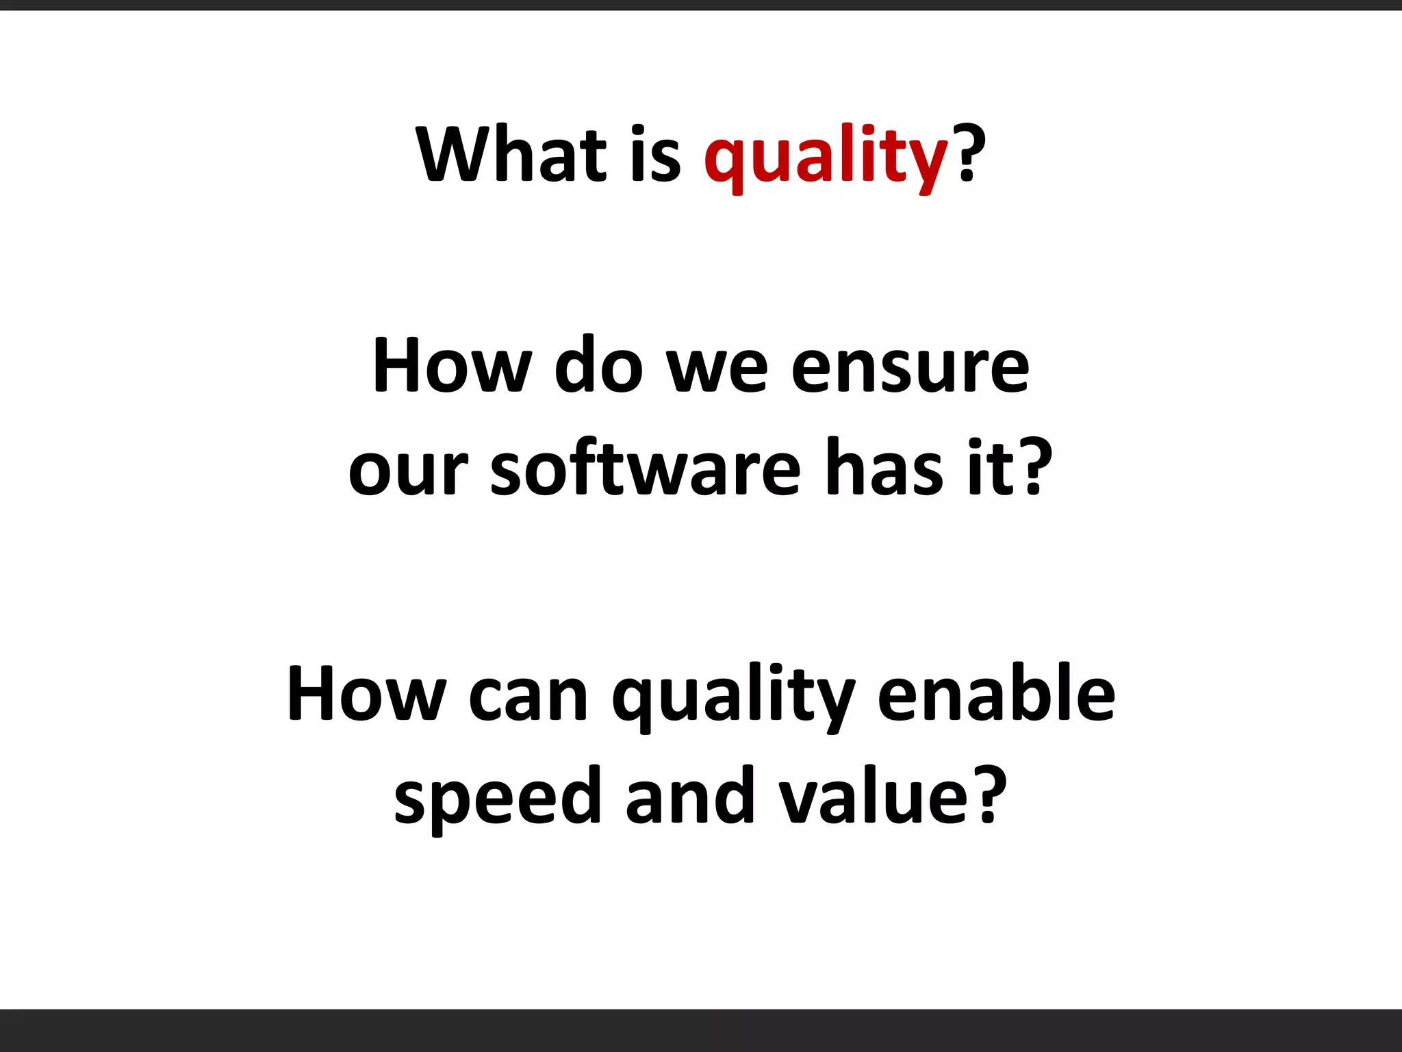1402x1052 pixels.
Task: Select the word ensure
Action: pyautogui.click(x=910, y=370)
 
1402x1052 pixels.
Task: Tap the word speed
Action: pyautogui.click(x=497, y=799)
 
